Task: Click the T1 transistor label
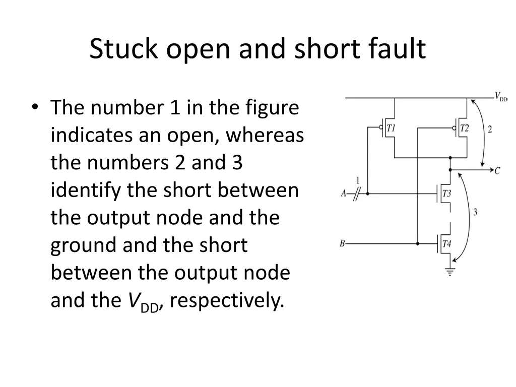point(391,128)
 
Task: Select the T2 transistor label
point(464,128)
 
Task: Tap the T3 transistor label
point(446,193)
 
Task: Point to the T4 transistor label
point(446,244)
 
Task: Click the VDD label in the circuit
point(500,96)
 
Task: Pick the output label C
point(497,171)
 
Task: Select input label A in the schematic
point(344,193)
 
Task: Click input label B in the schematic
point(342,243)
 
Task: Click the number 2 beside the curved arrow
point(490,130)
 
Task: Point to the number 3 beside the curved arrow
point(475,212)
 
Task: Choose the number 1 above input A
point(358,180)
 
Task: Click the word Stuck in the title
point(117,49)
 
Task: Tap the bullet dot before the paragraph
point(35,107)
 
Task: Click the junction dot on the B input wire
point(418,243)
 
